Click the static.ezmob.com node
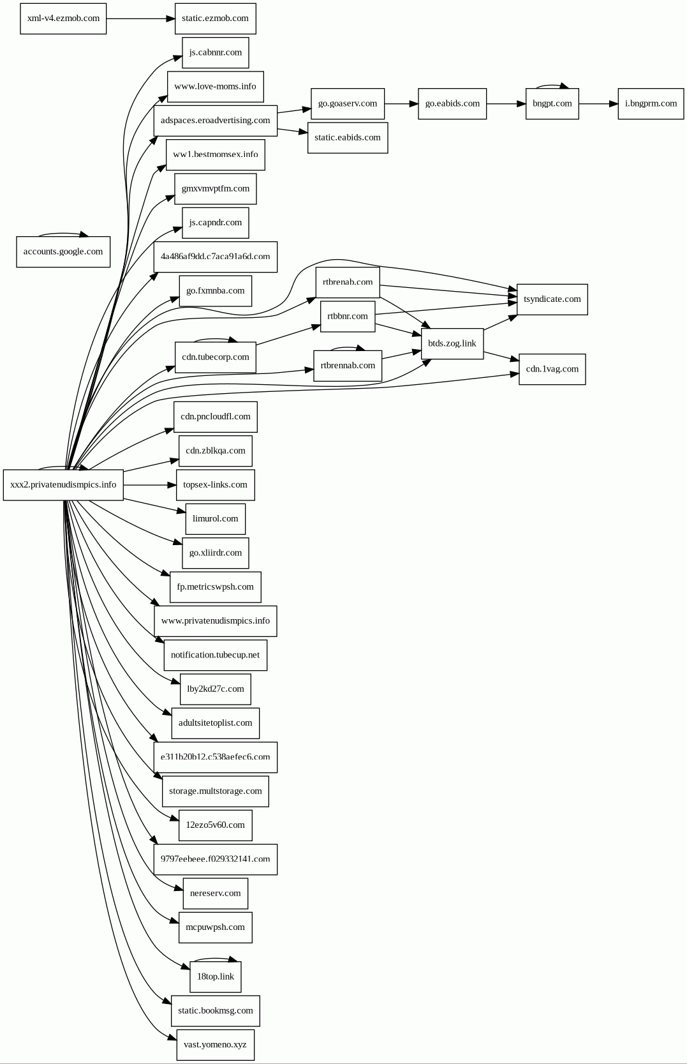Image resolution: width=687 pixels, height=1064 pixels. pyautogui.click(x=215, y=19)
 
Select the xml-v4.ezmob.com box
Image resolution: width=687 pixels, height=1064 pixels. pyautogui.click(x=63, y=19)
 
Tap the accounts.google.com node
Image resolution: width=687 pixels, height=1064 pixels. pyautogui.click(x=63, y=251)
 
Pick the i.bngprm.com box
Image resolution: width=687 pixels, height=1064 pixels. pyautogui.click(x=651, y=103)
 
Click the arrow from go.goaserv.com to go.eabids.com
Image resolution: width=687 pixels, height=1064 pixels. pyautogui.click(x=401, y=103)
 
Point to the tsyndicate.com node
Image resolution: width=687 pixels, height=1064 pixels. pyautogui.click(x=552, y=299)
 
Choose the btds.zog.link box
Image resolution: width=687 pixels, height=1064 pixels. pyautogui.click(x=452, y=343)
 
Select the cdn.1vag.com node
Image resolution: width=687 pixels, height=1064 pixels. pyautogui.click(x=552, y=369)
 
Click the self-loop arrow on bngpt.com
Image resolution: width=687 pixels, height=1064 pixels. pyautogui.click(x=552, y=85)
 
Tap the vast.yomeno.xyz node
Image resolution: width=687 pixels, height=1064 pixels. pyautogui.click(x=215, y=1045)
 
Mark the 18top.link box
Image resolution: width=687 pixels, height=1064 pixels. pyautogui.click(x=215, y=977)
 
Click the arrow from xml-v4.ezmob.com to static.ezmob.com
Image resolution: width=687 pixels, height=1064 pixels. pyautogui.click(x=140, y=19)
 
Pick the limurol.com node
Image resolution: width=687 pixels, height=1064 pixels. pyautogui.click(x=215, y=519)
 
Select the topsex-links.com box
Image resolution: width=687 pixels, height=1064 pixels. pyautogui.click(x=215, y=485)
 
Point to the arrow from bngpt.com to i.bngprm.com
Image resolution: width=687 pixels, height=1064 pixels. pyautogui.click(x=598, y=103)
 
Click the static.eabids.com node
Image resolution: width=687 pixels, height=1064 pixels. pyautogui.click(x=347, y=138)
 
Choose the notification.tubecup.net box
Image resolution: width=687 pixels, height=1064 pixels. pyautogui.click(x=215, y=655)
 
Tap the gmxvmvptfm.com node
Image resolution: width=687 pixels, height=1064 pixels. pyautogui.click(x=215, y=189)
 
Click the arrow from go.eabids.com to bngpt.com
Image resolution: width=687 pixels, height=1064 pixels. pyautogui.click(x=506, y=103)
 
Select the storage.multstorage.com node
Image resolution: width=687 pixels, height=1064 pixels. pyautogui.click(x=215, y=791)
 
